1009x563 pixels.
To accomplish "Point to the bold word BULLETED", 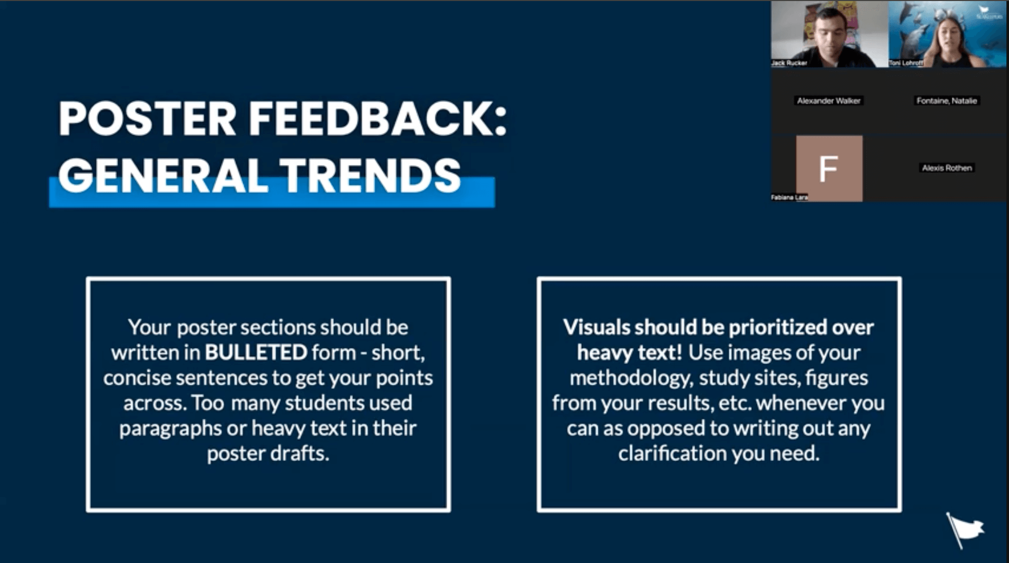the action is pyautogui.click(x=256, y=353).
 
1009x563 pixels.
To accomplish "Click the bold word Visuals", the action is pyautogui.click(x=597, y=327).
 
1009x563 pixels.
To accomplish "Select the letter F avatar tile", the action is pyautogui.click(x=829, y=169).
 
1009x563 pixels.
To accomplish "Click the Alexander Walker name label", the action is pyautogui.click(x=829, y=101).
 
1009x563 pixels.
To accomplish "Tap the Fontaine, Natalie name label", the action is pyautogui.click(x=947, y=101).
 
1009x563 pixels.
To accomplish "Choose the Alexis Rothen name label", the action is pyautogui.click(x=947, y=168).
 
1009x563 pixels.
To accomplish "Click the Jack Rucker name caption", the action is pyautogui.click(x=789, y=63).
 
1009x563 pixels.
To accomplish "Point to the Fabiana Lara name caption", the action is pyautogui.click(x=789, y=197).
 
